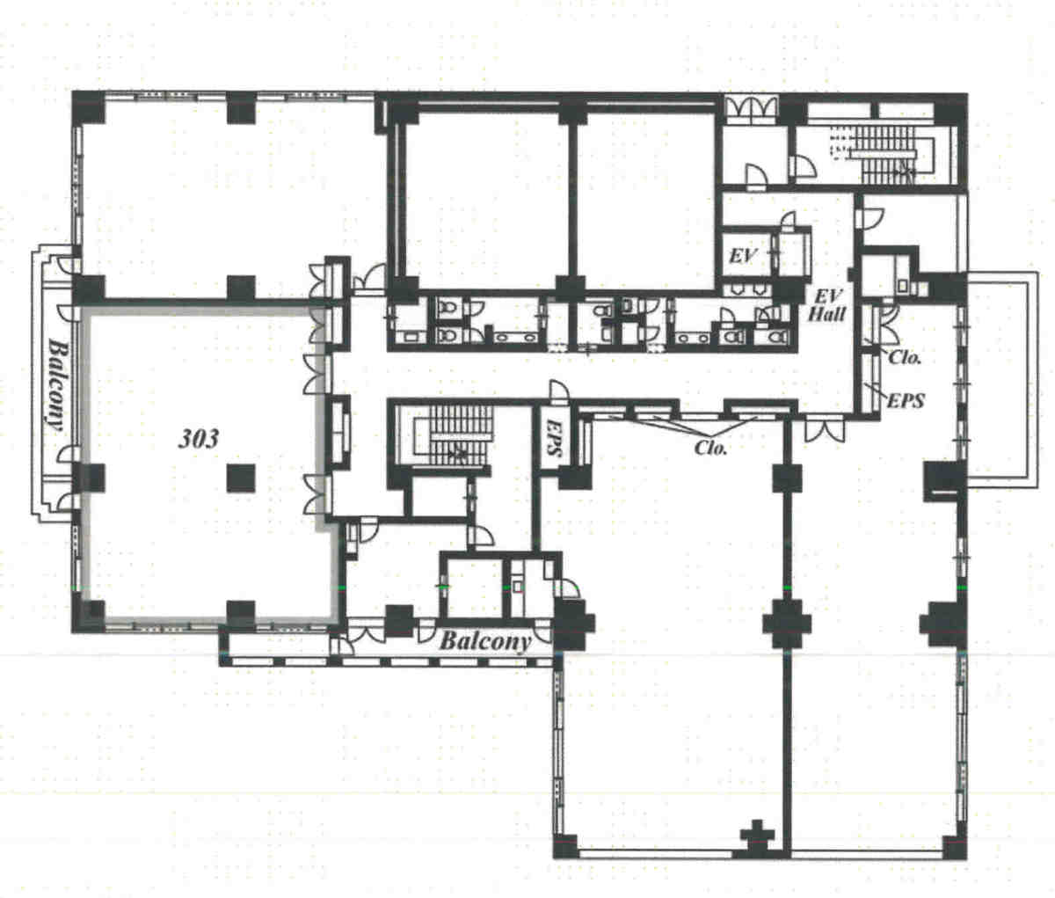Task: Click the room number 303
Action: point(199,438)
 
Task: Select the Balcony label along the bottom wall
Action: point(484,640)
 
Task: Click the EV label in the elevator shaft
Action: point(743,256)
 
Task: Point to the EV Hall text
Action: point(827,303)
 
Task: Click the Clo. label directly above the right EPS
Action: point(904,357)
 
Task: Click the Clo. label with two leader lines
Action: point(710,446)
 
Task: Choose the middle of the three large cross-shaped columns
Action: point(785,624)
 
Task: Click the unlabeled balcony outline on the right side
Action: point(1002,378)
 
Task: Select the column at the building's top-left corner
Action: point(88,107)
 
